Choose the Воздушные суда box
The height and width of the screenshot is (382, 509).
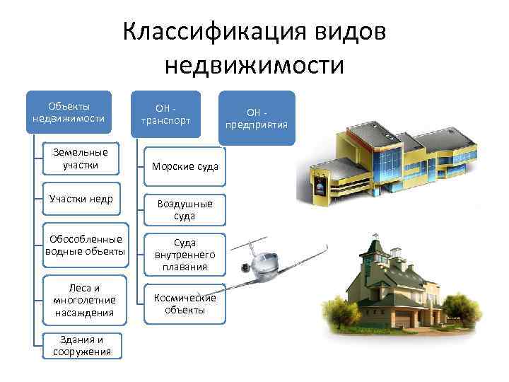185,210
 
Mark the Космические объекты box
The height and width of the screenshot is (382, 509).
185,304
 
